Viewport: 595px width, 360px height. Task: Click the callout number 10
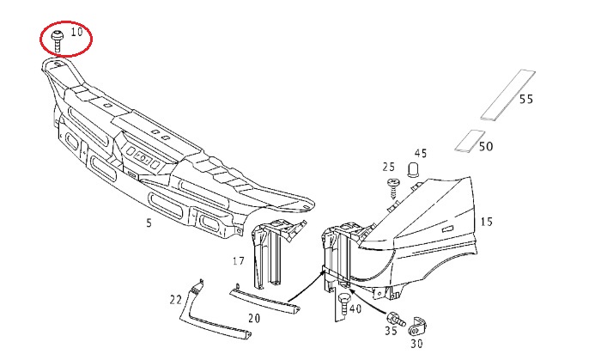point(76,31)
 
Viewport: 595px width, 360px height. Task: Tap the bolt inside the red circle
point(58,40)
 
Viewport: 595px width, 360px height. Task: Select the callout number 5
point(149,223)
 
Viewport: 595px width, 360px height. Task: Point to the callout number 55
point(526,100)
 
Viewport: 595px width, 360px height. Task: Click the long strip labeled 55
point(507,95)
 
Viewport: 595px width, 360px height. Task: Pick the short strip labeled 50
point(470,141)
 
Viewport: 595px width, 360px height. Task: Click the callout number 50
point(486,147)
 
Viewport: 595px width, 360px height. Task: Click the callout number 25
point(389,167)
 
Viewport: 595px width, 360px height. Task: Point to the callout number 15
point(486,222)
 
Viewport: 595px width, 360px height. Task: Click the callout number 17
point(239,261)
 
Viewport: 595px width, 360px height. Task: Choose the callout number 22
point(176,301)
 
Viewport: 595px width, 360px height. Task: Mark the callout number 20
point(254,318)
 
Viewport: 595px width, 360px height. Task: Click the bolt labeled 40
point(343,304)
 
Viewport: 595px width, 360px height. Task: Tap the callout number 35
point(391,331)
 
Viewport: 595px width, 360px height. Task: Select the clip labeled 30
point(416,326)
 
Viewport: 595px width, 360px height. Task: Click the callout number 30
point(416,344)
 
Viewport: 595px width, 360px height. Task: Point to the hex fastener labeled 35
point(396,319)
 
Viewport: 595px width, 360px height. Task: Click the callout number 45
point(421,154)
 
